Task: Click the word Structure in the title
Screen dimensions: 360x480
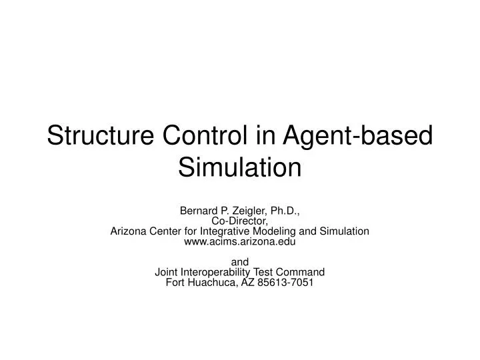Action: (99, 136)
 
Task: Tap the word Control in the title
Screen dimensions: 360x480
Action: (209, 136)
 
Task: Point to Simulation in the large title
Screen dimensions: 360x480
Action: (240, 167)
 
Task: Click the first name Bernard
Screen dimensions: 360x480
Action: (199, 211)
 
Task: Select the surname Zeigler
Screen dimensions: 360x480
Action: (248, 211)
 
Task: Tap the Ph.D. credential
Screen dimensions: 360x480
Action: (283, 211)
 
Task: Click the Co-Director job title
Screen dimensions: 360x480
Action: (239, 221)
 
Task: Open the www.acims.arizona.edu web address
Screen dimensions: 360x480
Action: (239, 241)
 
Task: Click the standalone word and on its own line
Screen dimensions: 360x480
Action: (239, 262)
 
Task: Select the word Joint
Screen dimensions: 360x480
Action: (167, 272)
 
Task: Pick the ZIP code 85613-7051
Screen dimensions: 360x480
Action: (286, 282)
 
